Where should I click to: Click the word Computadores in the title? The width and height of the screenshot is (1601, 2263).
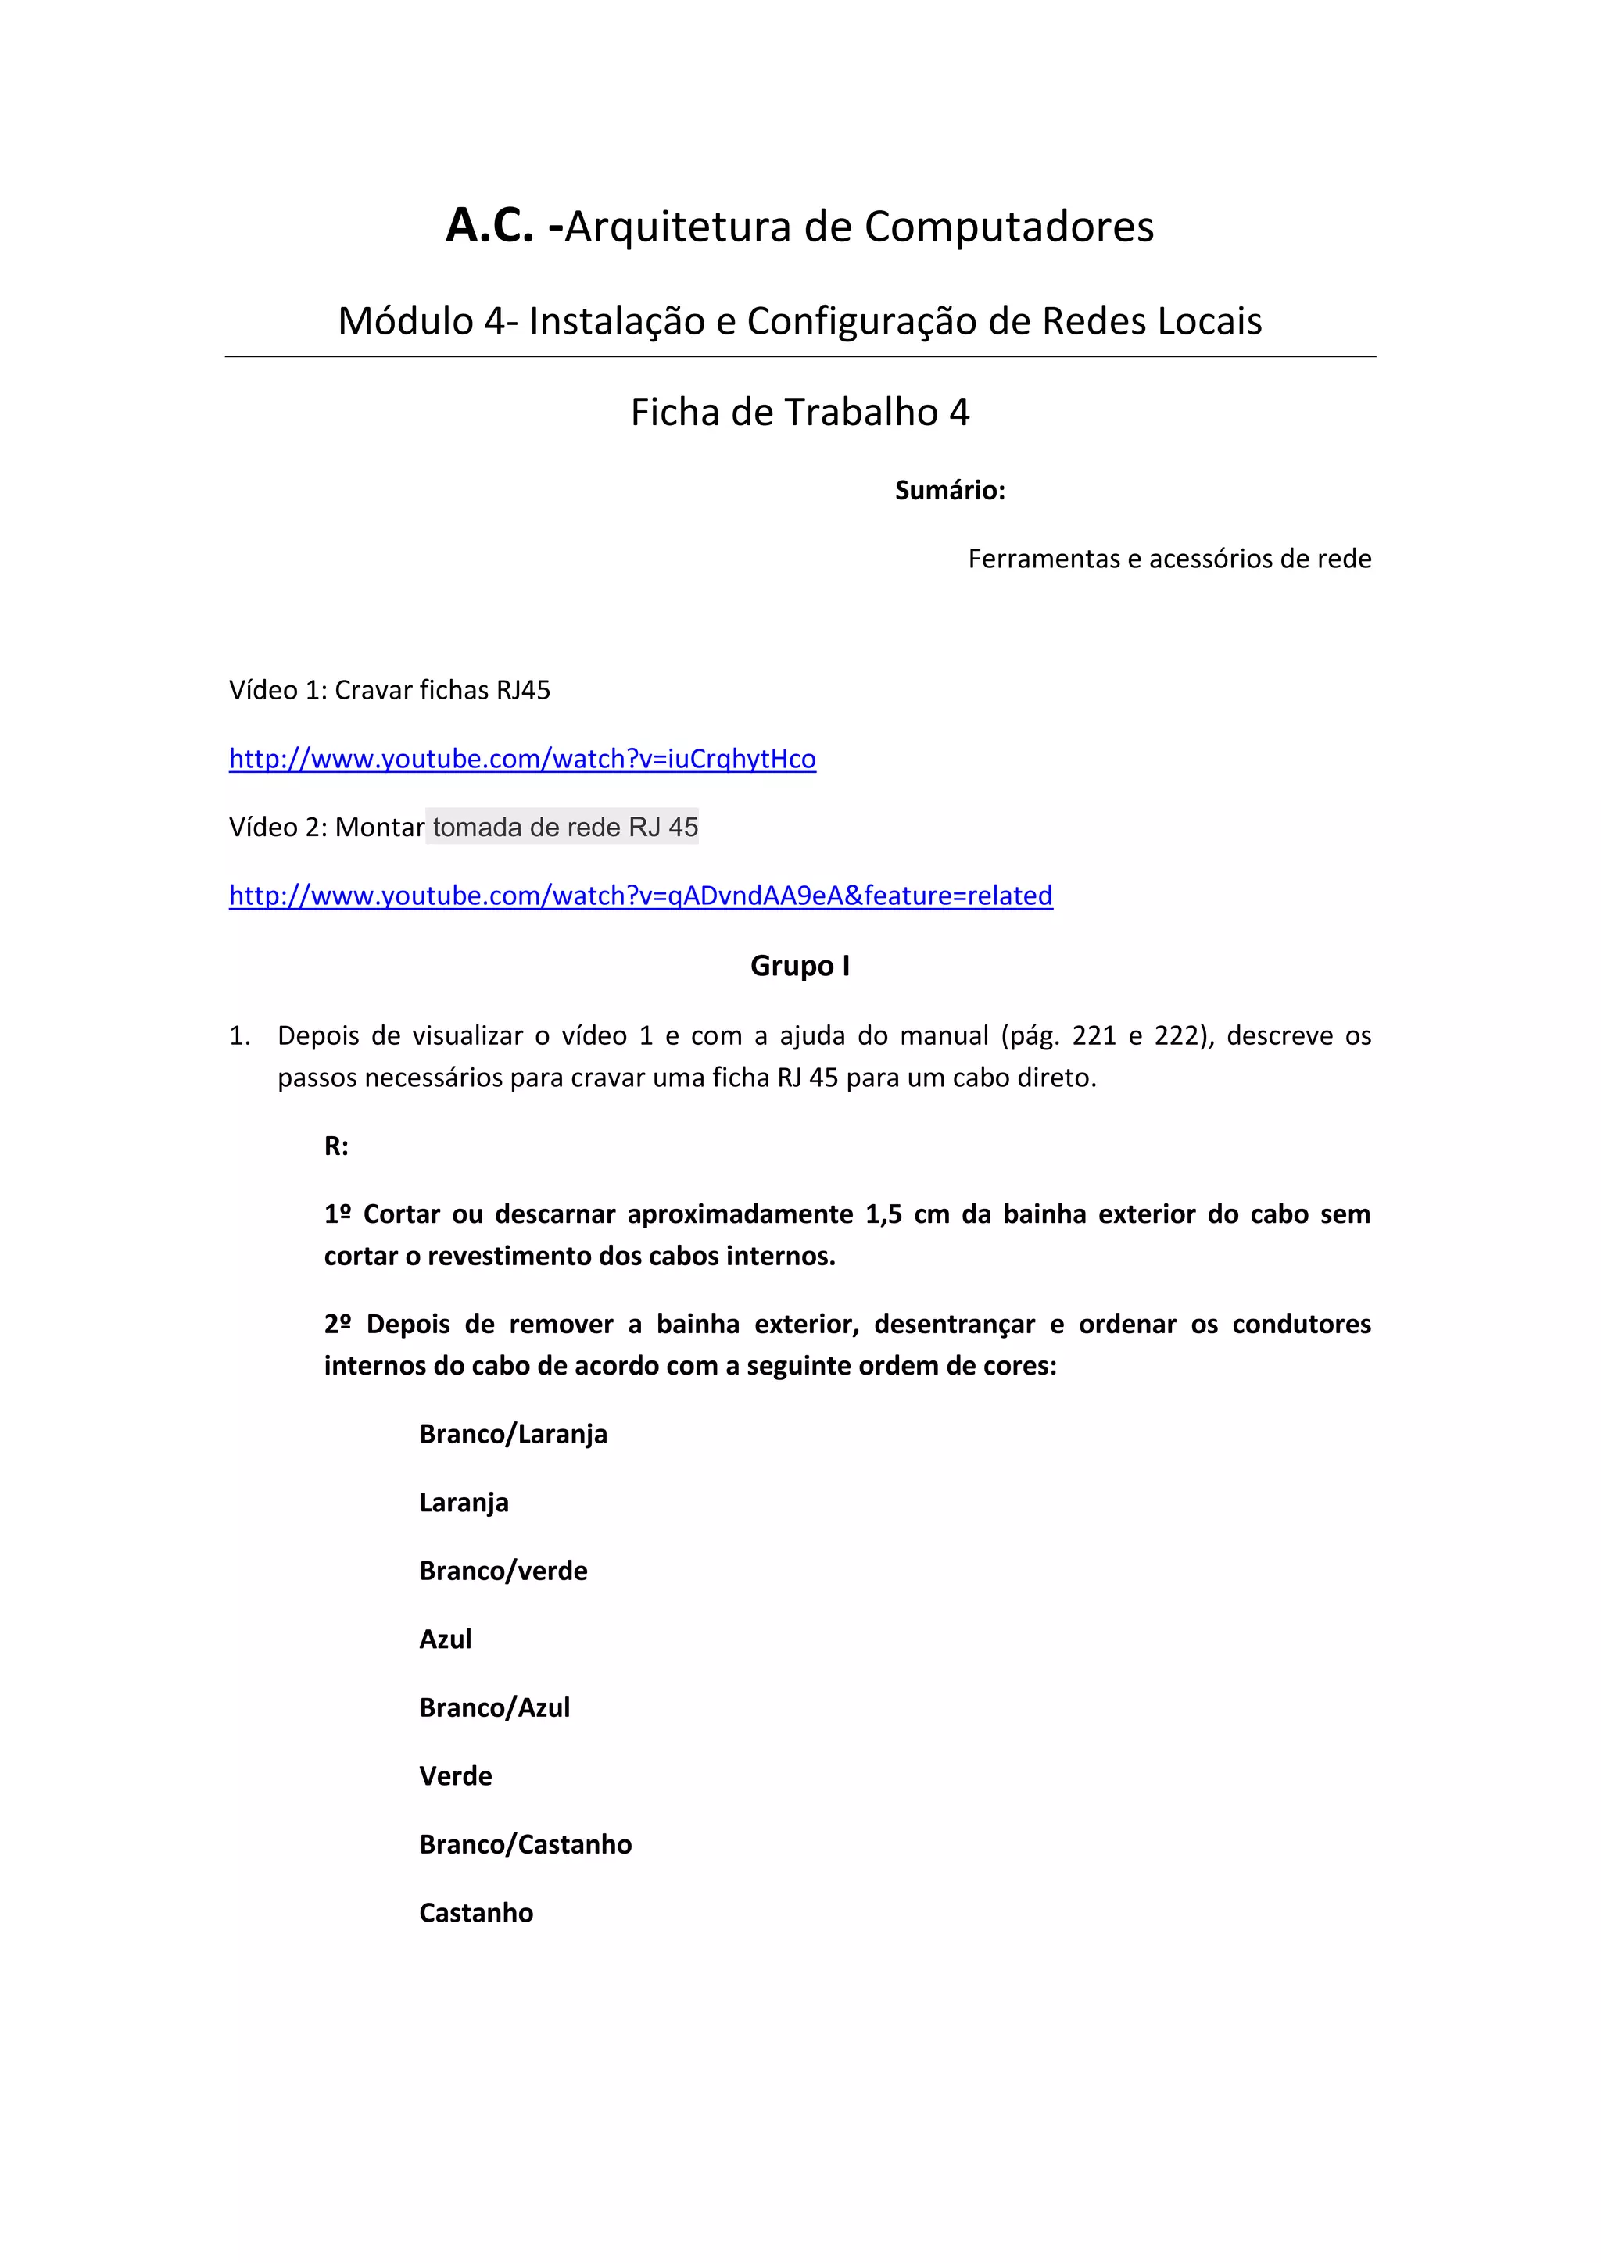(1008, 227)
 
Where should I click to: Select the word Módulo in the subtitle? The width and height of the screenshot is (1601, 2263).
(405, 321)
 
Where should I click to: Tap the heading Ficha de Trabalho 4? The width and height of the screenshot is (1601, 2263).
(800, 412)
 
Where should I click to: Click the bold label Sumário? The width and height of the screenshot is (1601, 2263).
(949, 490)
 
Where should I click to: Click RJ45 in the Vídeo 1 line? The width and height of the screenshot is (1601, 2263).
(522, 690)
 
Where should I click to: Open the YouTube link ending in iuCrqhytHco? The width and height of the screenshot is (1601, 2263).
(522, 759)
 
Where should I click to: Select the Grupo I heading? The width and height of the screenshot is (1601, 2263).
(800, 966)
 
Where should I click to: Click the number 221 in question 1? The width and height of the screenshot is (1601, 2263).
(1094, 1036)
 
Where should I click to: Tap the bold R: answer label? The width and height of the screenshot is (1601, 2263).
(336, 1146)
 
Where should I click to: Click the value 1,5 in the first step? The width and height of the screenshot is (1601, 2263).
(883, 1214)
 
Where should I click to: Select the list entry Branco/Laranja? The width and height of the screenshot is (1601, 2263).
(513, 1434)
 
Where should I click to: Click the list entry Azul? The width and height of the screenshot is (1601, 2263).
(446, 1639)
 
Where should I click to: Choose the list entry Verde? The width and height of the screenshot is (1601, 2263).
(456, 1776)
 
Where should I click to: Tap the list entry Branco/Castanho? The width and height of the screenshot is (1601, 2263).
(525, 1844)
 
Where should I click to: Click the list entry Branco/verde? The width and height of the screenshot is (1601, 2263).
(503, 1571)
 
